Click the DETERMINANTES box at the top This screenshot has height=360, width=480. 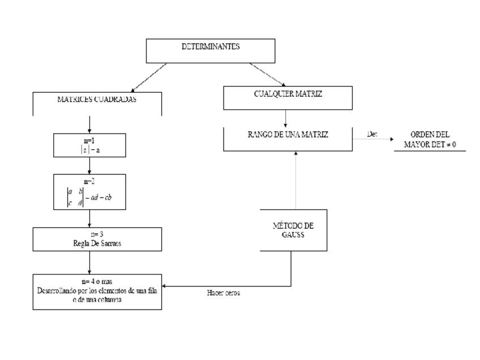[x=211, y=50]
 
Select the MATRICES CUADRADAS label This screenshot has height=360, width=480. [x=97, y=98]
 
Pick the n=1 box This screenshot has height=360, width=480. [x=90, y=145]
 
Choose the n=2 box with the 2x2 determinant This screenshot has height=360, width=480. [x=90, y=191]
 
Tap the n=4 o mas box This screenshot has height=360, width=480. [x=97, y=291]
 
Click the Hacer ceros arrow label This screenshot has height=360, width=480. [x=224, y=293]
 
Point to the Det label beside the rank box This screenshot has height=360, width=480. [x=371, y=134]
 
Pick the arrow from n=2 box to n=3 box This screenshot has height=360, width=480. [x=90, y=218]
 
